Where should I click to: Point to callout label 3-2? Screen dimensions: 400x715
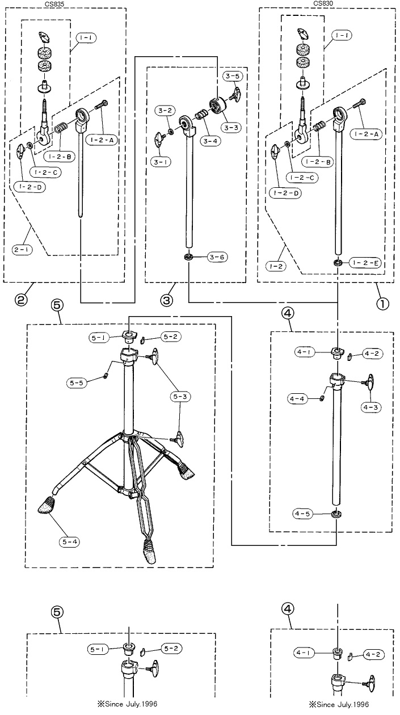pyautogui.click(x=165, y=111)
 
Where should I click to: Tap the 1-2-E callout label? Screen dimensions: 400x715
pyautogui.click(x=365, y=263)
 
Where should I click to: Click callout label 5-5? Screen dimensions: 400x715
pyautogui.click(x=77, y=382)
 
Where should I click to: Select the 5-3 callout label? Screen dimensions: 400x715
pyautogui.click(x=180, y=397)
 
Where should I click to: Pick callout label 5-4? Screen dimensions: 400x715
pyautogui.click(x=69, y=542)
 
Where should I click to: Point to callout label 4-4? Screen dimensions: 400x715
pyautogui.click(x=297, y=399)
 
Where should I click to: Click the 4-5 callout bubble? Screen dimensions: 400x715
pyautogui.click(x=302, y=514)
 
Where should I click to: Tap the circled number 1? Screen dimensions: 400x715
pyautogui.click(x=383, y=304)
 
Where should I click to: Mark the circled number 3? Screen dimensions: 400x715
pyautogui.click(x=167, y=300)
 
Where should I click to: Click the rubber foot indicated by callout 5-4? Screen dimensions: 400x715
pyautogui.click(x=47, y=504)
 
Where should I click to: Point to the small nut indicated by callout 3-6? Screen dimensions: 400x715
pyautogui.click(x=189, y=256)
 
